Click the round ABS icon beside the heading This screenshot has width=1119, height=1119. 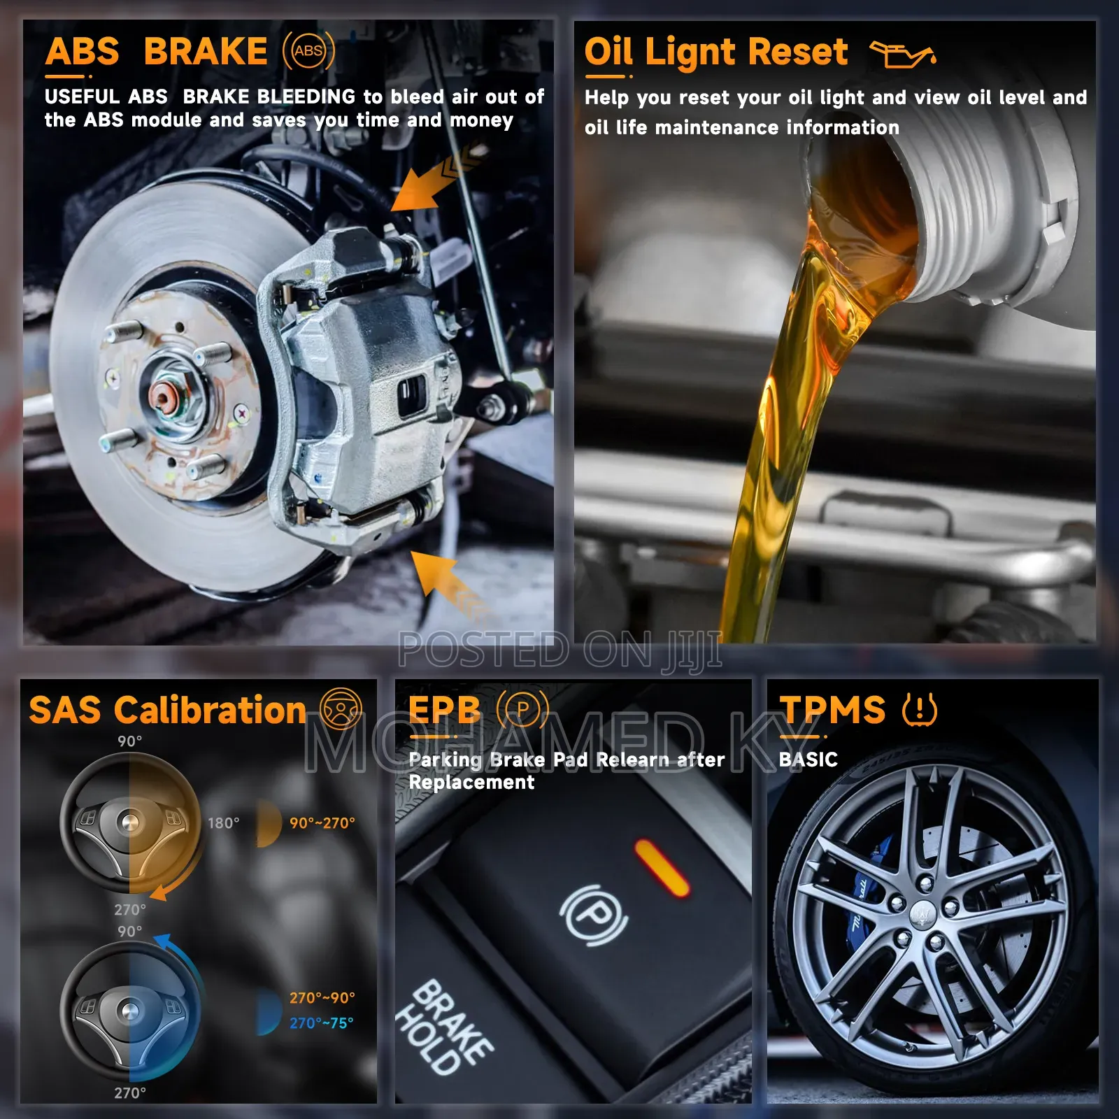pyautogui.click(x=308, y=51)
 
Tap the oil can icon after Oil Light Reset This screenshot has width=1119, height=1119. pyautogui.click(x=902, y=54)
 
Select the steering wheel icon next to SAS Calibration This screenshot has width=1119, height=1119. pyautogui.click(x=341, y=708)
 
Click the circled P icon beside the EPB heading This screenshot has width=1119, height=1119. pyautogui.click(x=522, y=710)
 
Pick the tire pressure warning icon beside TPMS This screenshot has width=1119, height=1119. pyautogui.click(x=919, y=709)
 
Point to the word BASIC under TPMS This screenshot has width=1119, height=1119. pyautogui.click(x=808, y=760)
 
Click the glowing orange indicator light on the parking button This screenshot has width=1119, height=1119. pyautogui.click(x=662, y=867)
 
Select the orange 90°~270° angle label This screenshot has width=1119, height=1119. pyautogui.click(x=322, y=823)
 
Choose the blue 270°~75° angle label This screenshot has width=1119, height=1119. pyautogui.click(x=322, y=1023)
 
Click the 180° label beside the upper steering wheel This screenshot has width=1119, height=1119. pyautogui.click(x=223, y=823)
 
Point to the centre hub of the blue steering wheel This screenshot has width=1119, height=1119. pyautogui.click(x=130, y=1010)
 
